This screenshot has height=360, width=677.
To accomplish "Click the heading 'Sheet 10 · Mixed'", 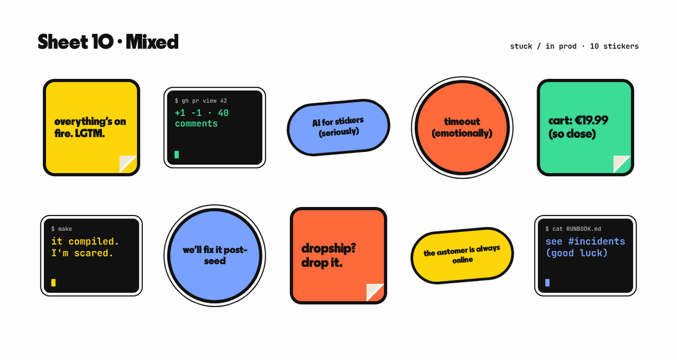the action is pyautogui.click(x=108, y=42).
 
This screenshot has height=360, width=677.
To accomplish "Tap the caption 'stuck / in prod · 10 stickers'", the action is pyautogui.click(x=574, y=46).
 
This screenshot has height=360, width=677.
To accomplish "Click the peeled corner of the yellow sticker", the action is pyautogui.click(x=128, y=164).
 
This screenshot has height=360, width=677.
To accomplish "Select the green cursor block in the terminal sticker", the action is pyautogui.click(x=177, y=155).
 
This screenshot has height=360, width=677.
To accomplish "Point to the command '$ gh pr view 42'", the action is pyautogui.click(x=201, y=100).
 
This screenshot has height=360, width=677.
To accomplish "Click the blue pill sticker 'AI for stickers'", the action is pyautogui.click(x=338, y=128).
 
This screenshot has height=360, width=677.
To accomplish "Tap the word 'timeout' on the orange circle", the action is pyautogui.click(x=462, y=121).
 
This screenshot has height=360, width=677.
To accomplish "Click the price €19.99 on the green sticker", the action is pyautogui.click(x=591, y=120).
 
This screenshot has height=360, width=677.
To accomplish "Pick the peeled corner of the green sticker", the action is pyautogui.click(x=622, y=164).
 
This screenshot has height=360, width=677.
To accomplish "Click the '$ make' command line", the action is pyautogui.click(x=61, y=229).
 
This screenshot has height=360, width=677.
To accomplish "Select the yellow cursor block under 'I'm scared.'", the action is pyautogui.click(x=54, y=283).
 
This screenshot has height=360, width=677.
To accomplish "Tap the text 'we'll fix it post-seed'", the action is pyautogui.click(x=215, y=256).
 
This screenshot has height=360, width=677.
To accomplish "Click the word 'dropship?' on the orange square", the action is pyautogui.click(x=328, y=248).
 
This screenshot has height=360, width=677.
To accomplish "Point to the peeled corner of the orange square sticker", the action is pyautogui.click(x=375, y=292).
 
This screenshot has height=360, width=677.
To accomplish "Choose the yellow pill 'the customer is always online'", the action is pyautogui.click(x=462, y=256).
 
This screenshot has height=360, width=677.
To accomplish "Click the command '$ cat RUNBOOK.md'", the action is pyautogui.click(x=573, y=229).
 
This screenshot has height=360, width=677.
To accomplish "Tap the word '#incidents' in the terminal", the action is pyautogui.click(x=596, y=242).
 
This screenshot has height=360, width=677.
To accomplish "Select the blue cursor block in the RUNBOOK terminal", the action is pyautogui.click(x=547, y=283).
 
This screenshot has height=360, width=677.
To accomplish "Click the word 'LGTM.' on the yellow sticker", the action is pyautogui.click(x=90, y=133).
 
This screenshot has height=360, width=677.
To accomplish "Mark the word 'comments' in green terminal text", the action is pyautogui.click(x=196, y=124).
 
